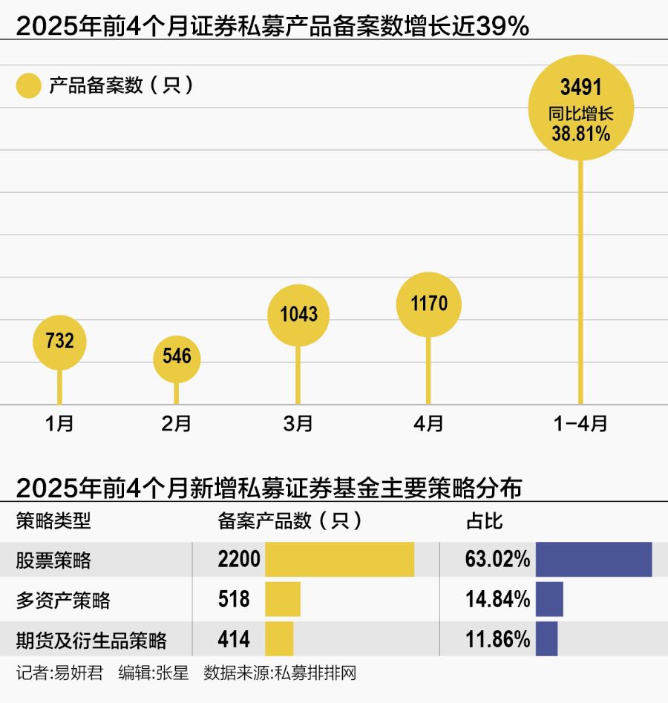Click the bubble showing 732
click(59, 341)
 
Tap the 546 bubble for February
click(177, 357)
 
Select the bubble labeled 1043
click(298, 315)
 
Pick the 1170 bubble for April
click(428, 304)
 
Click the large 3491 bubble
click(580, 108)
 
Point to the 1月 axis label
click(59, 424)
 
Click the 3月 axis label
click(298, 424)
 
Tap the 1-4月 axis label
click(580, 424)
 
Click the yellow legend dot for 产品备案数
click(28, 86)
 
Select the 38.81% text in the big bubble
click(580, 134)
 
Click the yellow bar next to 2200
click(339, 559)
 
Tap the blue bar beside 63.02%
click(593, 559)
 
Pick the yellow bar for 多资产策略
click(283, 599)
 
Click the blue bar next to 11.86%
click(546, 639)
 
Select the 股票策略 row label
click(53, 560)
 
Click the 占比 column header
click(484, 520)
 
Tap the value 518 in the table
click(234, 599)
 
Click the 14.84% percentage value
click(497, 599)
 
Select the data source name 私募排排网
click(315, 673)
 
